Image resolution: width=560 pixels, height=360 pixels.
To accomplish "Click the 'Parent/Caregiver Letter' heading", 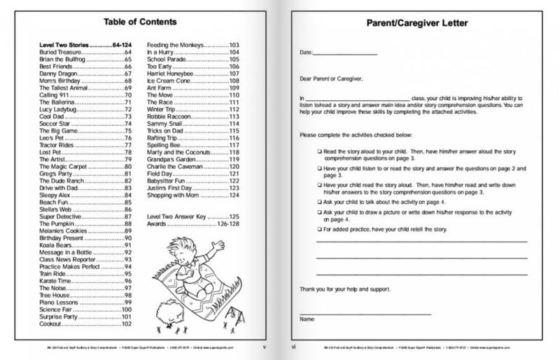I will pos(418,23).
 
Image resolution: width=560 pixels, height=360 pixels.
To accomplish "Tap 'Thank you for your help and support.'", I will pos(345,289).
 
